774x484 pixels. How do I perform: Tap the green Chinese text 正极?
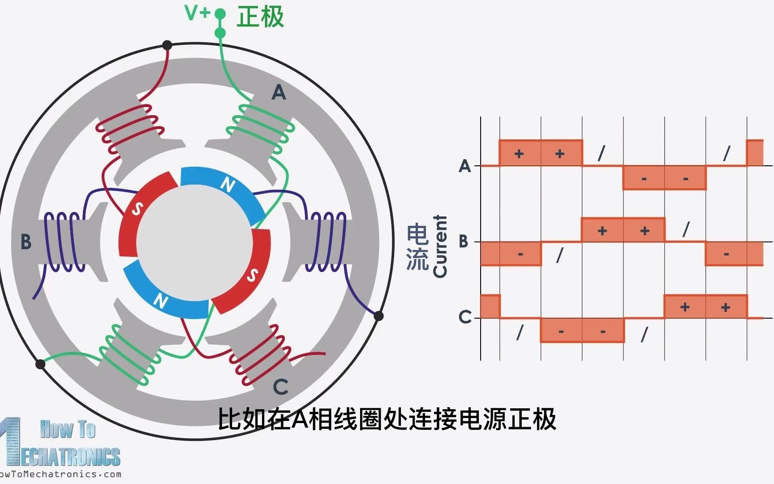click(260, 17)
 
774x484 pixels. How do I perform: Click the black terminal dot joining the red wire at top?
click(167, 45)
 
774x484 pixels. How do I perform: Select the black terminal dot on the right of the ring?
click(378, 316)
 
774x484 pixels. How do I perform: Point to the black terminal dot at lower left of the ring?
click(40, 364)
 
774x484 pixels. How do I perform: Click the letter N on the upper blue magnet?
click(228, 184)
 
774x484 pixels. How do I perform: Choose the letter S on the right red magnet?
click(253, 275)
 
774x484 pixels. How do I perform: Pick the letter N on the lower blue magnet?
click(160, 301)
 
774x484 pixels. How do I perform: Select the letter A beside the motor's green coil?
click(279, 93)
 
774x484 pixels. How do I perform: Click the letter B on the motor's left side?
click(26, 242)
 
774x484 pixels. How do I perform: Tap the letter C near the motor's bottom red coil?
click(280, 387)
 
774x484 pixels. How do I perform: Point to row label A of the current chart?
click(465, 166)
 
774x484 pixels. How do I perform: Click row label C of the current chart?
click(465, 317)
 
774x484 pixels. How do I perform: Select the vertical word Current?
click(440, 246)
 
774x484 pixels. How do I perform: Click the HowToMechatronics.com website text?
click(60, 474)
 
